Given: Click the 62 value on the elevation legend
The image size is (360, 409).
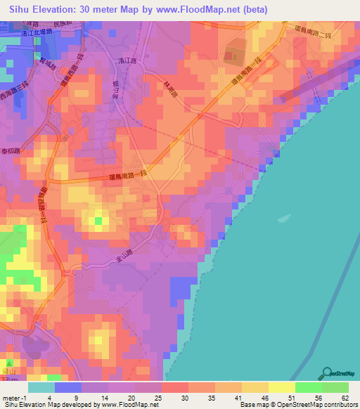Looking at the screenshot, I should coord(345,397).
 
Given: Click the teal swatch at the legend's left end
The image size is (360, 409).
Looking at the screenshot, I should coord(41,387).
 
